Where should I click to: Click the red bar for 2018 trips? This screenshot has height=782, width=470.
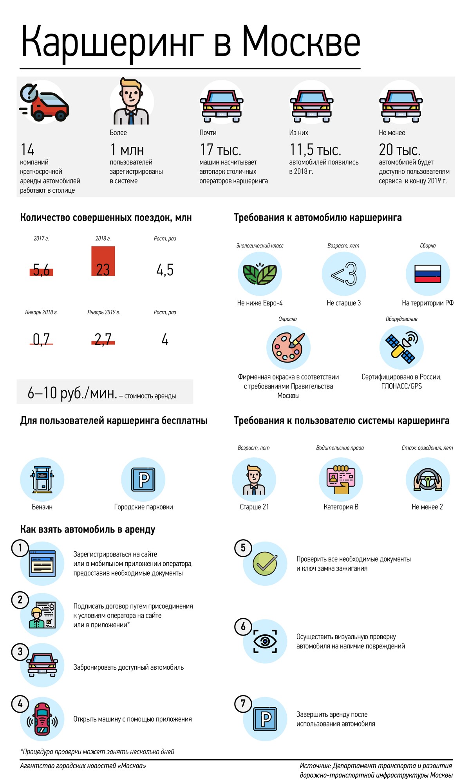coord(103,261)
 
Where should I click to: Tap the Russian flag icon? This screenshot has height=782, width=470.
coord(428,274)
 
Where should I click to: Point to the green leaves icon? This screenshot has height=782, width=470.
coord(260,274)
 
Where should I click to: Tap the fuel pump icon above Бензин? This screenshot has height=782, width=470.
coord(42,479)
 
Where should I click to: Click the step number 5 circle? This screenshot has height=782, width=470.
coord(243,548)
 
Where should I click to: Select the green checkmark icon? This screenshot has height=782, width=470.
coord(265,563)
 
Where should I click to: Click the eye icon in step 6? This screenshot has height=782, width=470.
coord(265,641)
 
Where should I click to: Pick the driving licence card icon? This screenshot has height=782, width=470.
coord(341,479)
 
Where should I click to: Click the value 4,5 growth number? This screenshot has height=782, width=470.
coord(165,270)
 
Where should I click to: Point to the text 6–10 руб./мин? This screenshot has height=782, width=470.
coord(72,393)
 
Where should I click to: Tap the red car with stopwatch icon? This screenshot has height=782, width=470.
coord(44,103)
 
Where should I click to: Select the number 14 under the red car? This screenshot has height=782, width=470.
coord(27,150)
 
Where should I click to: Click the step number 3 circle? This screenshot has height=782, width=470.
coord(20,652)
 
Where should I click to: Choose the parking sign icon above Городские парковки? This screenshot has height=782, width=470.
coord(143,479)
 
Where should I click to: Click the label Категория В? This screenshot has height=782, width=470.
coord(341,507)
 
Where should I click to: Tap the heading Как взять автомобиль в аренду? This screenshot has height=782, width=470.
coord(88,529)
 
